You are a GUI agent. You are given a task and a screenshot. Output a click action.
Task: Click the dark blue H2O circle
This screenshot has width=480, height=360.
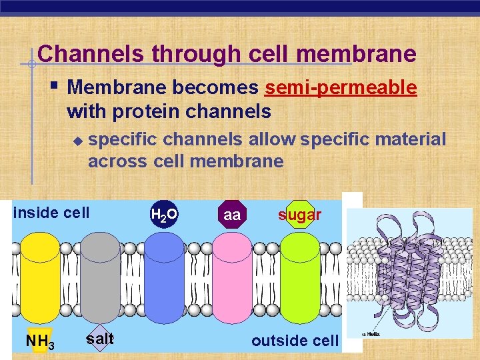coord(164,215)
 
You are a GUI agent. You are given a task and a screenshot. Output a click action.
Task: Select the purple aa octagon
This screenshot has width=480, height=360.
coord(232,215)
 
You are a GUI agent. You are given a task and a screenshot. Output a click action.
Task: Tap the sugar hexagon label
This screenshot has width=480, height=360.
coord(300,215)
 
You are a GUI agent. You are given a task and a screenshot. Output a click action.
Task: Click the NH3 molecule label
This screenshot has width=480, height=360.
coord(39,342)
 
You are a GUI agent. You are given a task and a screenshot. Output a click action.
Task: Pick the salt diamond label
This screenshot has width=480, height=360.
coord(100,339)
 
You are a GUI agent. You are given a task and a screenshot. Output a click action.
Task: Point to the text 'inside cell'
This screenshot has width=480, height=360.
coord(51,213)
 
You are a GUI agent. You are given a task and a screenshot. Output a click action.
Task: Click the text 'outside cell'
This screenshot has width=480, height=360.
coord(295,341)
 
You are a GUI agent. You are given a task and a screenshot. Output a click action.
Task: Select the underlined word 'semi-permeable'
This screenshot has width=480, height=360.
coord(341,87)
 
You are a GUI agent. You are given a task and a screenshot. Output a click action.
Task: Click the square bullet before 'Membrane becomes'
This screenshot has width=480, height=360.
coord(55,85)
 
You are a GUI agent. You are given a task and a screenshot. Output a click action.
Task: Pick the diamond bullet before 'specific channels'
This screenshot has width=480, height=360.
coord(77,141)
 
